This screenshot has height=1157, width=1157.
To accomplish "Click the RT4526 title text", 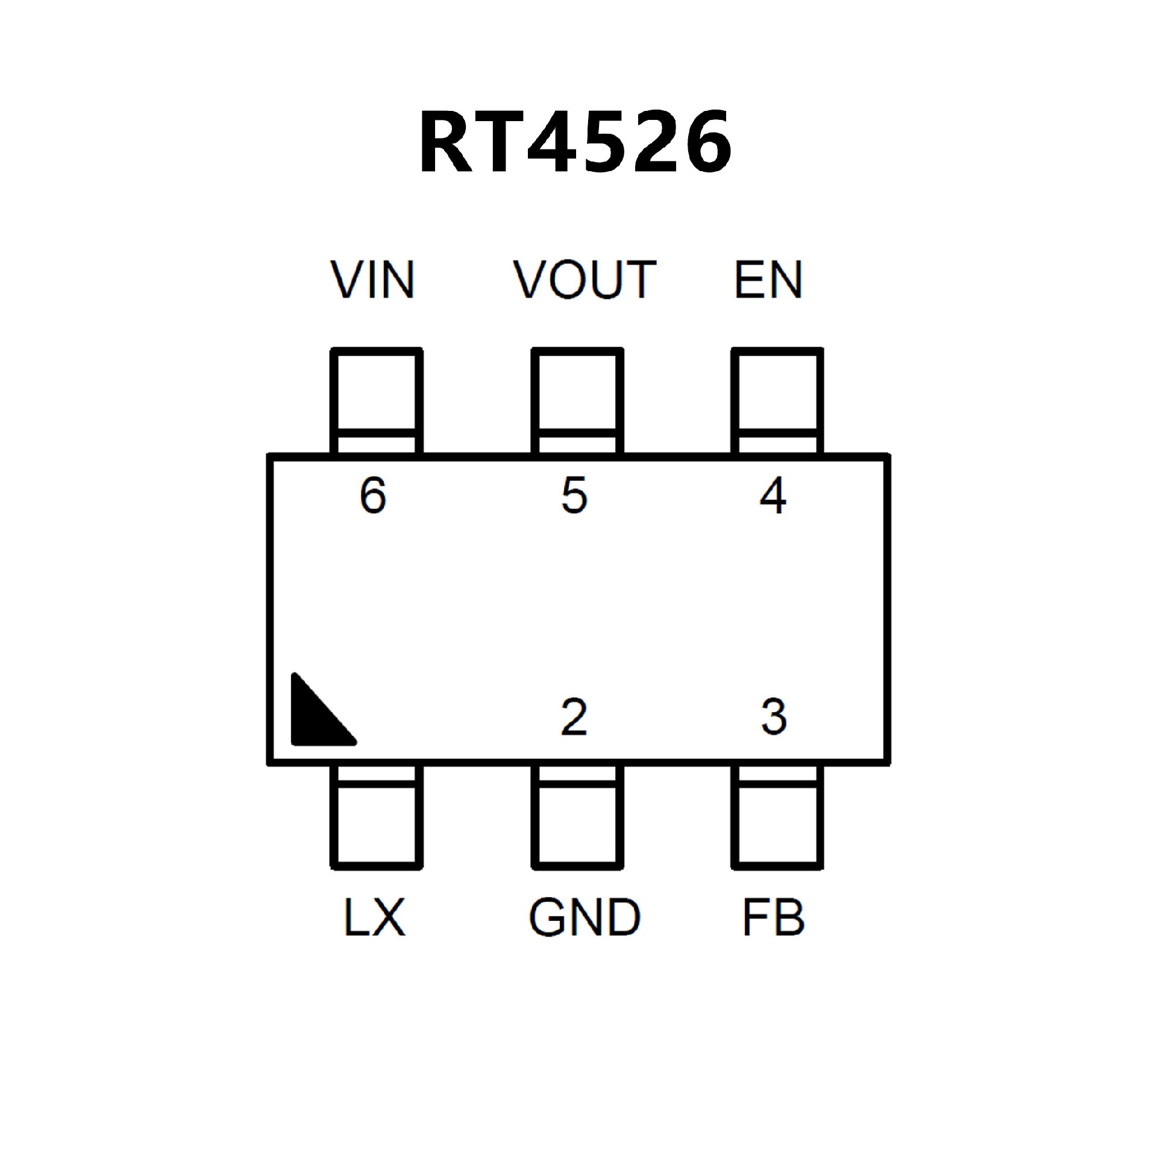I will coord(575,143).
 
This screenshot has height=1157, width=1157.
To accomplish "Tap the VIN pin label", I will coord(373,280).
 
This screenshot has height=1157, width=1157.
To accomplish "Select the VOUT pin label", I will coord(584,280).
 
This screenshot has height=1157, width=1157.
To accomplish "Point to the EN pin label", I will coord(768,280).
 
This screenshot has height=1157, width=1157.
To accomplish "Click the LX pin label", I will coord(374,917).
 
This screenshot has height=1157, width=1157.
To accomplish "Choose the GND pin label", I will coord(584,917).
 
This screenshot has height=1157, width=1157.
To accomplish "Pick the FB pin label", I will coord(773,917).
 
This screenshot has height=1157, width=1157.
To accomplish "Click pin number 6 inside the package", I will coord(373,495).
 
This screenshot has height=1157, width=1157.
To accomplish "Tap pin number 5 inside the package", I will coord(574,495).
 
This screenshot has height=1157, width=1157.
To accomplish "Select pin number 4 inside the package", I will coord(773,495).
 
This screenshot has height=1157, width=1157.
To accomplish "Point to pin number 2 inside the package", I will coord(574,717).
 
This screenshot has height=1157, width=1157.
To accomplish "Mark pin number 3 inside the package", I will coord(774,717).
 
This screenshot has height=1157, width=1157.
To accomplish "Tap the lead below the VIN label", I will coord(377,401).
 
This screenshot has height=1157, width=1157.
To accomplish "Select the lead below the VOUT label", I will coord(577,401).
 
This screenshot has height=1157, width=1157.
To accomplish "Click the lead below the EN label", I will coord(777,401).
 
